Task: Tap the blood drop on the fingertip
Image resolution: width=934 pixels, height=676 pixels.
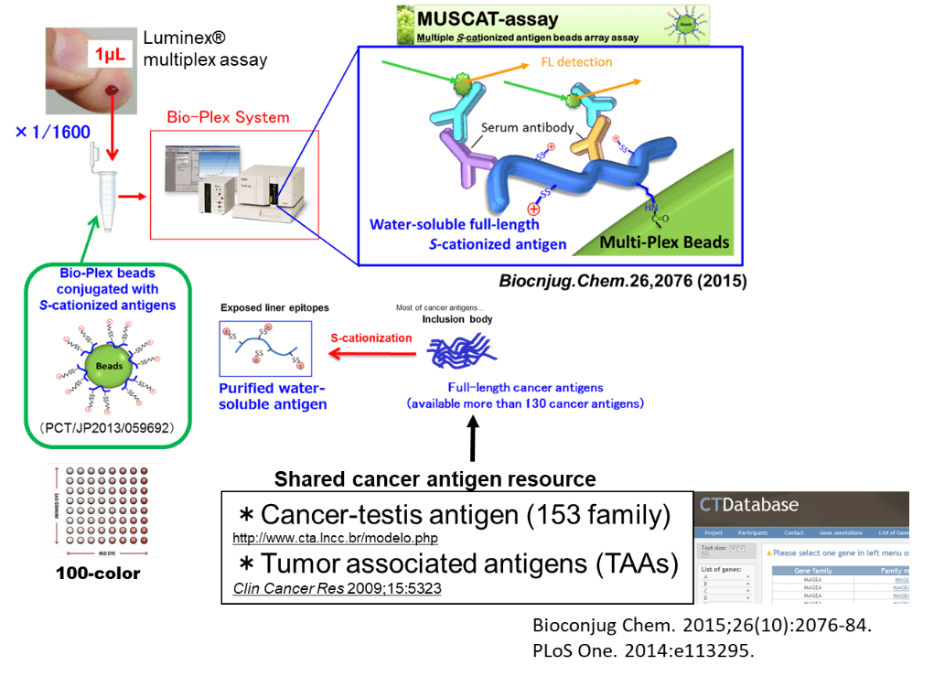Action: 112,90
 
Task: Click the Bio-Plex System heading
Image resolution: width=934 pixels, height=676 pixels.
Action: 228,118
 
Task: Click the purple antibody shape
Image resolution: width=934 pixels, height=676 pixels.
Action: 461,155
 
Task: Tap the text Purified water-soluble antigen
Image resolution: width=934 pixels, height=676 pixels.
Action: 271,395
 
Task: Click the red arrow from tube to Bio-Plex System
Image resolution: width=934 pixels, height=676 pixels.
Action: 133,196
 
